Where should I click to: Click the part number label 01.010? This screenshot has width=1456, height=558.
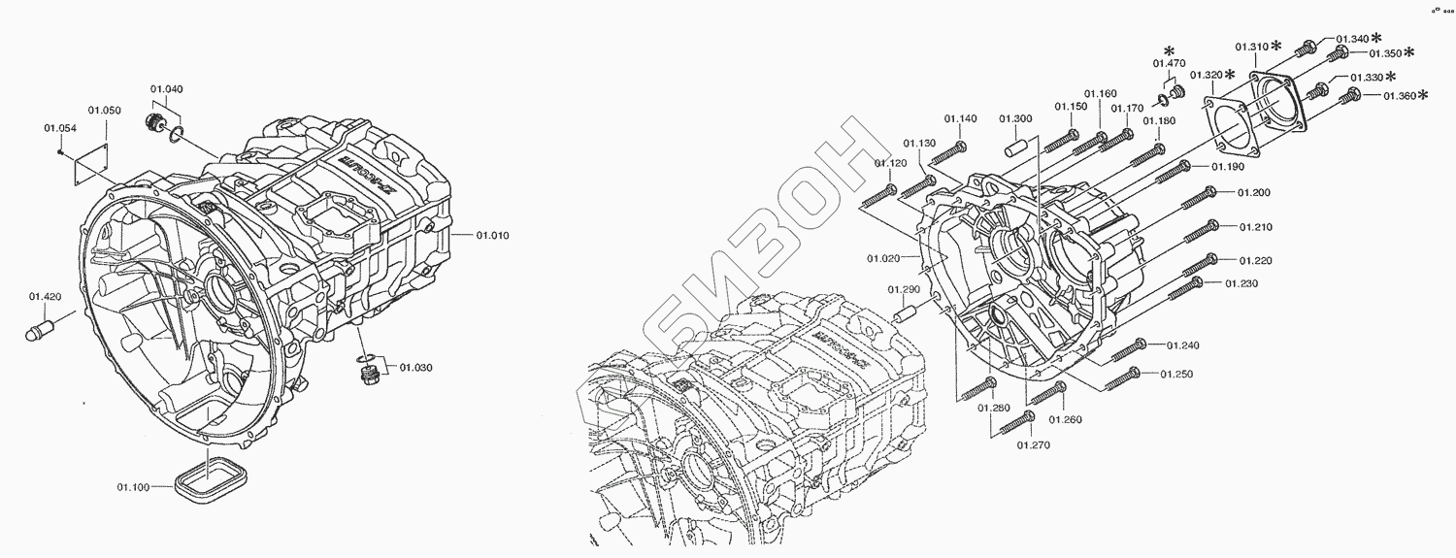click(493, 235)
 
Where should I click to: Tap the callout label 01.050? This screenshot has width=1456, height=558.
click(104, 111)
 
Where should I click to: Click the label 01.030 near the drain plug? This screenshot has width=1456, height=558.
click(415, 367)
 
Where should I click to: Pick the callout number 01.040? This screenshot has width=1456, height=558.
click(166, 89)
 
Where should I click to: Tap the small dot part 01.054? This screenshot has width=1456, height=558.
click(60, 150)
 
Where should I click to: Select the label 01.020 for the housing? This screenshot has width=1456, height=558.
click(883, 258)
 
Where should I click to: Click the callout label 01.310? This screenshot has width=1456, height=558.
click(1251, 46)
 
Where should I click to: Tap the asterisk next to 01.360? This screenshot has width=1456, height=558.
click(1424, 94)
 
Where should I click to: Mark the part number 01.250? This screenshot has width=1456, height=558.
click(1176, 375)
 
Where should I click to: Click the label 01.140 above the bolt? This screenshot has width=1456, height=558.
click(960, 119)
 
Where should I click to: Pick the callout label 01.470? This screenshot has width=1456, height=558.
click(1170, 64)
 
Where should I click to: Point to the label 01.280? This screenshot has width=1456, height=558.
click(993, 409)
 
